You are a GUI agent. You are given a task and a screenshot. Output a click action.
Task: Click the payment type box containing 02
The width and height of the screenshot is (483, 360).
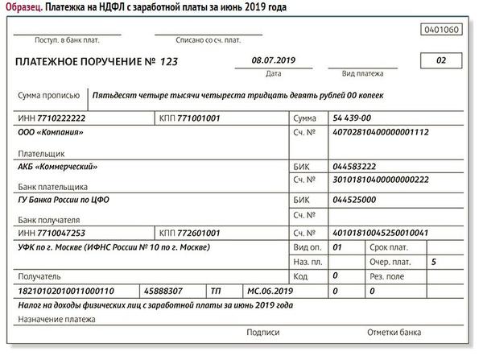[x=440, y=60]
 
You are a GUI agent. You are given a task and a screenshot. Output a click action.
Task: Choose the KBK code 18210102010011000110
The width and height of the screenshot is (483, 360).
[x=66, y=290]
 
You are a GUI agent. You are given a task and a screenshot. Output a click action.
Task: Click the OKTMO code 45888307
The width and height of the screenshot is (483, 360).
[x=162, y=290]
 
